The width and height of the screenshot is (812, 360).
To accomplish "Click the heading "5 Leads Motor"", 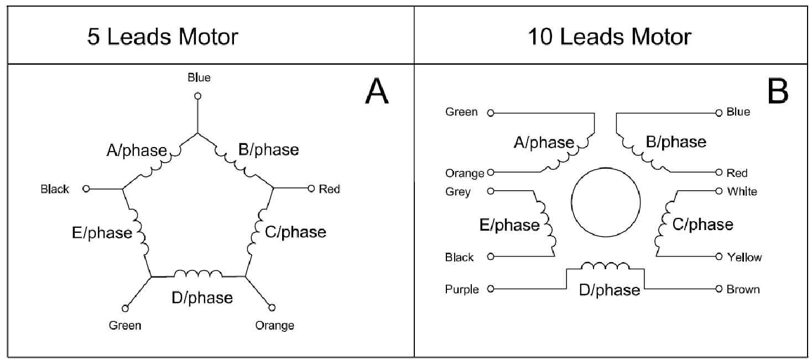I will click(x=163, y=37).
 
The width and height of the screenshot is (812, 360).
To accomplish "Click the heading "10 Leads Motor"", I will click(x=609, y=37).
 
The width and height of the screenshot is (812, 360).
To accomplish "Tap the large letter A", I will click(x=377, y=92).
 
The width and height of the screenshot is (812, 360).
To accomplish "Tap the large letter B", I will click(x=778, y=92).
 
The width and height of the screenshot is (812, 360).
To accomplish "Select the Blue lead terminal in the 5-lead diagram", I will click(x=197, y=96).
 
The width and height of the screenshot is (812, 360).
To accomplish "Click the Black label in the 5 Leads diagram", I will click(x=55, y=189).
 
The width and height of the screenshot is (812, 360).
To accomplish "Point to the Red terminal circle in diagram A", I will click(x=311, y=189).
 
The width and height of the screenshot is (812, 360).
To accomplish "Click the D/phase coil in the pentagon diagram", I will click(x=198, y=274).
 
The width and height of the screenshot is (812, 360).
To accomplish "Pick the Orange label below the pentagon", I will click(x=274, y=325).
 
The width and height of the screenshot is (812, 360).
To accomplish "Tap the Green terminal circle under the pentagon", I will click(x=125, y=308).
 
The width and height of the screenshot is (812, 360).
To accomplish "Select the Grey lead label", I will click(x=458, y=192).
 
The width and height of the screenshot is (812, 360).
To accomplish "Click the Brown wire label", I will click(x=743, y=289).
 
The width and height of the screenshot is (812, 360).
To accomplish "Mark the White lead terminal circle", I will click(x=719, y=191).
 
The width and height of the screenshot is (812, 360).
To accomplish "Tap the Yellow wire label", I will click(x=744, y=257).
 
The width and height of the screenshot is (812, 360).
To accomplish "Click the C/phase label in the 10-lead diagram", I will click(x=702, y=225).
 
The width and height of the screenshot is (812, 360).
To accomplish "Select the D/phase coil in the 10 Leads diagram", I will click(x=605, y=267).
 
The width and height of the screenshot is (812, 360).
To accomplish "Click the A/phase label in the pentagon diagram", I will click(x=136, y=150).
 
